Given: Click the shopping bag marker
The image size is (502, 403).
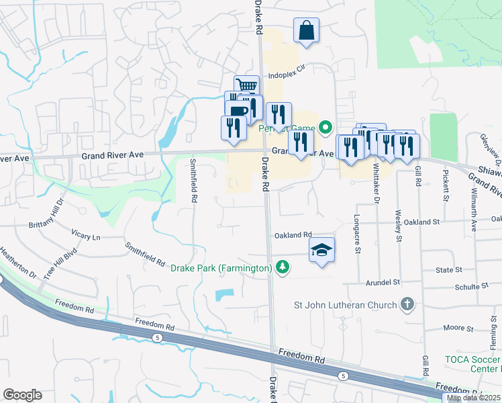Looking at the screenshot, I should [x=306, y=31].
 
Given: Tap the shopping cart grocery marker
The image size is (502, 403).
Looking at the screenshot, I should [x=247, y=87].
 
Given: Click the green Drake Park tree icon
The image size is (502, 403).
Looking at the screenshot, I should [x=284, y=268].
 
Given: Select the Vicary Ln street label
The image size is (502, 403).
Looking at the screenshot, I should [x=86, y=235].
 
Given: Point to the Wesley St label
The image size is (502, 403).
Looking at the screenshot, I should [x=398, y=225].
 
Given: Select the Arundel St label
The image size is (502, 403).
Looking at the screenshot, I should [x=383, y=283].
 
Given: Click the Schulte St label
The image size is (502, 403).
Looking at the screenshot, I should [x=468, y=285].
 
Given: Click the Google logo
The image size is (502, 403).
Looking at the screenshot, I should [x=22, y=395].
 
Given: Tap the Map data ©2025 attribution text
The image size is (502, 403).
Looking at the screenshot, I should [x=473, y=398].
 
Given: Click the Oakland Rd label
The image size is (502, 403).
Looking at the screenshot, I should [x=293, y=235].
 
